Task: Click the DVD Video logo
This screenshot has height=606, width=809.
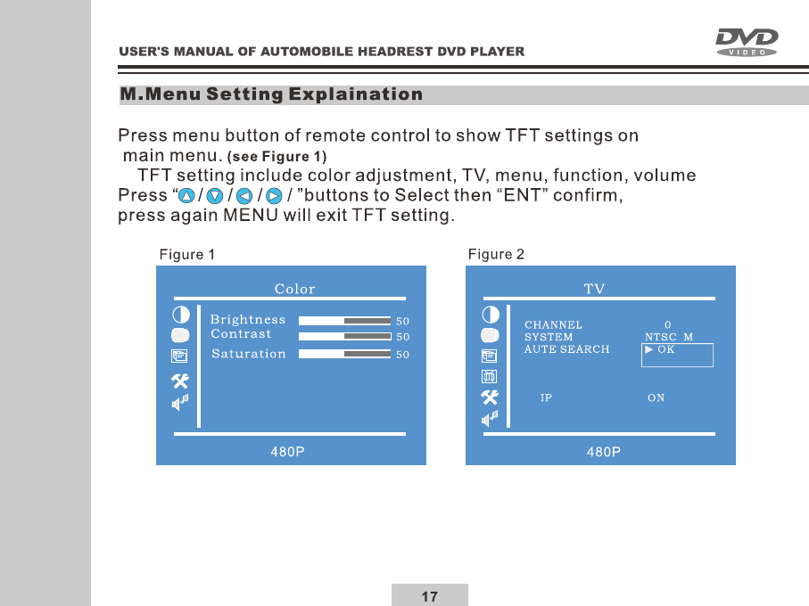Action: (746, 42)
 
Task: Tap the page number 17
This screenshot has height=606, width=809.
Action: (429, 596)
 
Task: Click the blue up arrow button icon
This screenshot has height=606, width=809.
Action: (186, 196)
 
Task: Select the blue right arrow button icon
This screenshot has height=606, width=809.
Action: (274, 196)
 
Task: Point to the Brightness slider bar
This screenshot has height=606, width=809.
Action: (344, 321)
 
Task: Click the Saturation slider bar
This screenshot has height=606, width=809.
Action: (344, 354)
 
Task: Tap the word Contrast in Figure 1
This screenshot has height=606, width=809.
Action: (241, 334)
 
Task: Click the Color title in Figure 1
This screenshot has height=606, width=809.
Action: (294, 289)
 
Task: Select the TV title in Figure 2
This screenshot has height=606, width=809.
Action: (594, 289)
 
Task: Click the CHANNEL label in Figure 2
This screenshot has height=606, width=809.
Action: (553, 325)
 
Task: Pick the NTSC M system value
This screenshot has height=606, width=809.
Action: (669, 337)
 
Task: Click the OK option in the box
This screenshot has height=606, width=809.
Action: (665, 349)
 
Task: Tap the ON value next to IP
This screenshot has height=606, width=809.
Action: (656, 397)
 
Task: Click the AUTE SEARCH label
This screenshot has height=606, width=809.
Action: (566, 349)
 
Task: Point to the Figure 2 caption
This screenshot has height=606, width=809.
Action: (496, 254)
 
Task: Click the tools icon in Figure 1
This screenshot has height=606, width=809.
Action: (180, 381)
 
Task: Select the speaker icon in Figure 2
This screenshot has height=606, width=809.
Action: (490, 419)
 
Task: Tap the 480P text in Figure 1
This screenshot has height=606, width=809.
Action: (287, 452)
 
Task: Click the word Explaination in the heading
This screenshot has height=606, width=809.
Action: (356, 94)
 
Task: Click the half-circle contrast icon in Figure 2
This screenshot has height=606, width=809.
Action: (491, 315)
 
